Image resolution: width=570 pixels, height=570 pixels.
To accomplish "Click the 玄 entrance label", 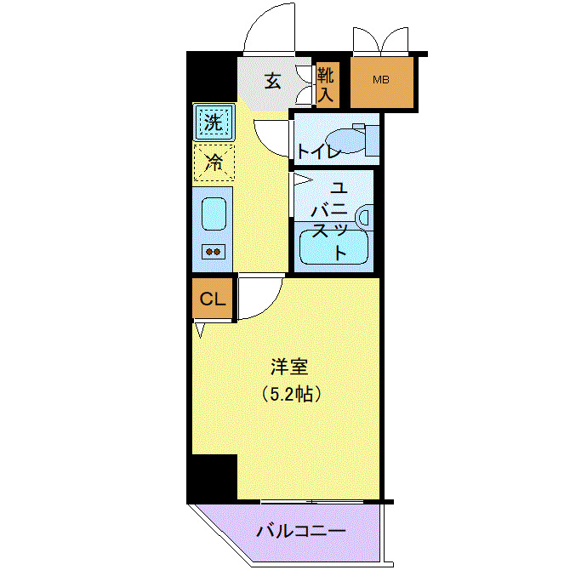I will [272, 82].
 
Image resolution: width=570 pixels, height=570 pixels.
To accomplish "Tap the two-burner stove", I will [213, 251].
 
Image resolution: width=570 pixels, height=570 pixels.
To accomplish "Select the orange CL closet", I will [212, 299].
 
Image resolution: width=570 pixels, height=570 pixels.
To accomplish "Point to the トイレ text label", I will [319, 152].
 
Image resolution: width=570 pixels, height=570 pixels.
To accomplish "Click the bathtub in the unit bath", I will [334, 246].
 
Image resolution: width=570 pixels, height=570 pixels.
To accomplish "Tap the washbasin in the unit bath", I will [365, 217].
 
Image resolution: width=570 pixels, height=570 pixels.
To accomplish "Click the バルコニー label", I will [301, 533].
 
